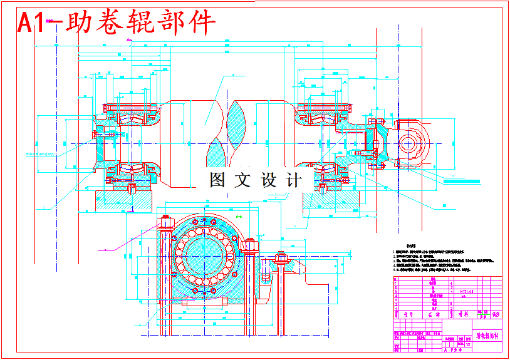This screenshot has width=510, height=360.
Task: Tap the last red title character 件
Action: pos(202,23)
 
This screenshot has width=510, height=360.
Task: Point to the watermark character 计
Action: pos(293,181)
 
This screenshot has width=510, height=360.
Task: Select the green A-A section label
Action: pos(238,216)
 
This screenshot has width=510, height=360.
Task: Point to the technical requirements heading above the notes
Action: pos(412,246)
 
